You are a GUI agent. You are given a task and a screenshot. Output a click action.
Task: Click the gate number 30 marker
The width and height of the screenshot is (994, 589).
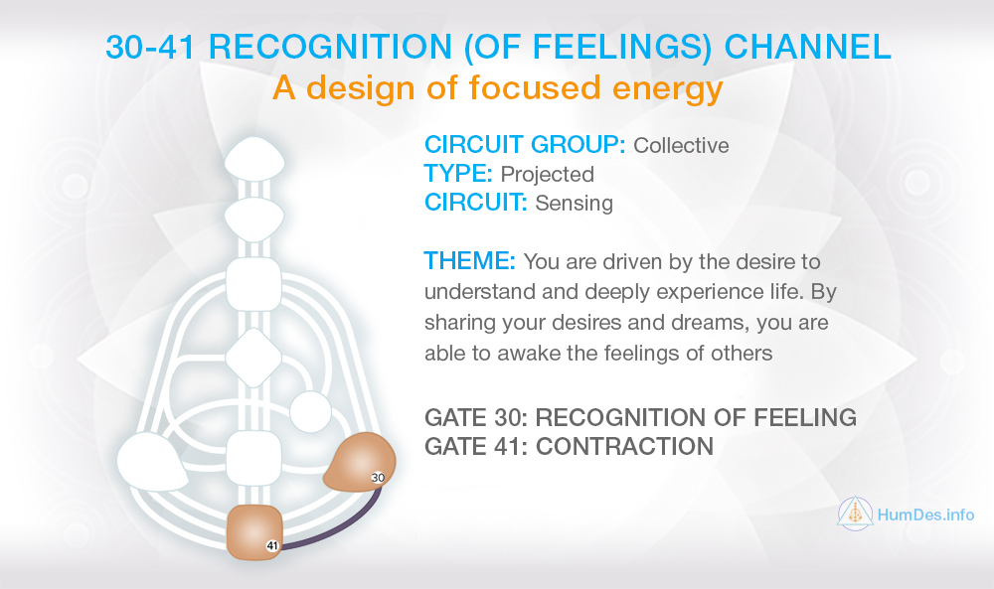(x=378, y=478)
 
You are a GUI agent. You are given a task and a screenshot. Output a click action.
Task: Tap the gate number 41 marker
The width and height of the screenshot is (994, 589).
(x=272, y=545)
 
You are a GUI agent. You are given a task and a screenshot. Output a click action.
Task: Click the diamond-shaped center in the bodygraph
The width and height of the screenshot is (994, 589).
(x=253, y=358)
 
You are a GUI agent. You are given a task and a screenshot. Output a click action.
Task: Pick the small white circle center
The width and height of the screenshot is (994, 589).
(x=310, y=411)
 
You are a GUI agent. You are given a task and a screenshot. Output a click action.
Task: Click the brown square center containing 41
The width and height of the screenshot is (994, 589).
(x=254, y=532)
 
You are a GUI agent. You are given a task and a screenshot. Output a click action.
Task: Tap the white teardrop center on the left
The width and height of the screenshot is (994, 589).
(x=151, y=461)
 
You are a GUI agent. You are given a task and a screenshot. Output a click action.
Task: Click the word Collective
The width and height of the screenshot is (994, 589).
(x=682, y=146)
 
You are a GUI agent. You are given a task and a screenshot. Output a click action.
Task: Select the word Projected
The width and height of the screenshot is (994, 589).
(x=547, y=175)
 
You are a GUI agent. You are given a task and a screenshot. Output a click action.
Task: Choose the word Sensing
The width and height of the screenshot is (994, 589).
(x=574, y=204)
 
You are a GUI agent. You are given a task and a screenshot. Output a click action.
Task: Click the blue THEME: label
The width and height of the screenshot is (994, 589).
(x=470, y=261)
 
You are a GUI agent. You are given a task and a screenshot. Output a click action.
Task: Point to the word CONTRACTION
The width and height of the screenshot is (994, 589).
(x=624, y=447)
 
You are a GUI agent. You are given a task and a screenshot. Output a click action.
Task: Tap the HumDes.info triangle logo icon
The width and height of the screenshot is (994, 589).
(x=855, y=513)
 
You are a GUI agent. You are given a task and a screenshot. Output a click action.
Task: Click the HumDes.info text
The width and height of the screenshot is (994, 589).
(x=925, y=515)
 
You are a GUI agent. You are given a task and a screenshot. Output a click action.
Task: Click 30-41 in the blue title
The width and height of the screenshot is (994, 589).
(x=150, y=47)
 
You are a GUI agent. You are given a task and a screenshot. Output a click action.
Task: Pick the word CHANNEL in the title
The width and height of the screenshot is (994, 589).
(x=807, y=47)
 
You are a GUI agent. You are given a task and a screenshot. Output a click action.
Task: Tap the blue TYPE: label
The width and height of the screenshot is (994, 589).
(x=457, y=174)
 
